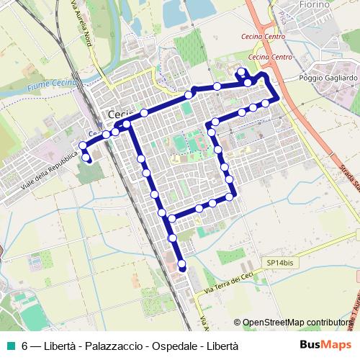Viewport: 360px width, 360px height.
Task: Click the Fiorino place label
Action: (313, 5)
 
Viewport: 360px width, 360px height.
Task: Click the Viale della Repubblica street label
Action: (49, 171)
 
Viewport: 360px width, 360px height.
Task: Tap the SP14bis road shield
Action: (279, 264)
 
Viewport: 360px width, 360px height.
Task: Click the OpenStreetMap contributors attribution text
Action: (297, 323)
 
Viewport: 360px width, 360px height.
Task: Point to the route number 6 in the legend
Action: (24, 346)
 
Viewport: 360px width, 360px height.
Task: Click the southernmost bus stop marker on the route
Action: (182, 267)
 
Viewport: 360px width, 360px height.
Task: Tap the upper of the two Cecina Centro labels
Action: (266, 35)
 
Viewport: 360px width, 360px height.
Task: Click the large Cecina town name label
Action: (122, 114)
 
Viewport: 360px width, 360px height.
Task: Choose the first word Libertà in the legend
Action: (60, 346)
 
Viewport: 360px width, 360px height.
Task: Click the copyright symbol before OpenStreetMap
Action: (237, 323)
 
